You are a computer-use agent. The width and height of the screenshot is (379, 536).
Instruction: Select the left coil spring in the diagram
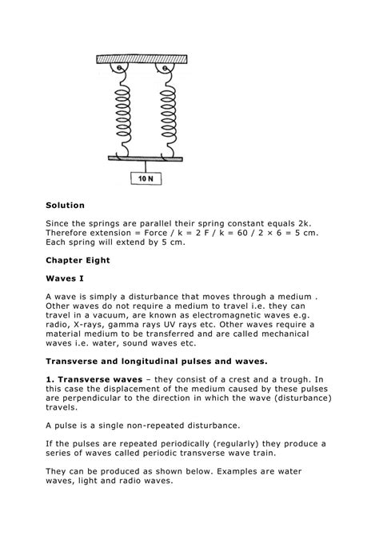tap(122, 113)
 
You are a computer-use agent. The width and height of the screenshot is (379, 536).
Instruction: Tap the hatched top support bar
tap(142, 58)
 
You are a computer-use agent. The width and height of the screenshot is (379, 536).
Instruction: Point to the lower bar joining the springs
tap(145, 158)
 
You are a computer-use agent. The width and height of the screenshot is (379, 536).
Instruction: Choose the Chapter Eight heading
tap(79, 260)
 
